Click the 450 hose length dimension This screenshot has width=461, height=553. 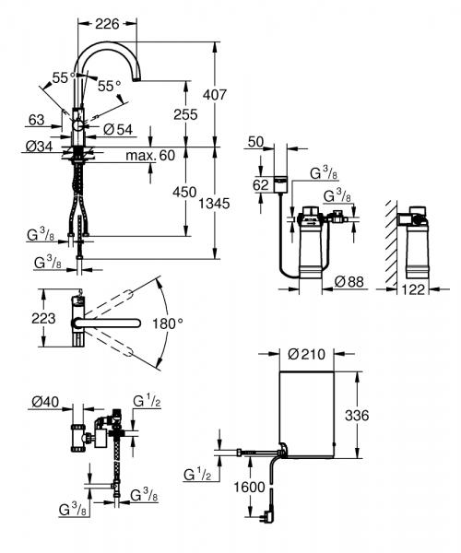tap(186, 192)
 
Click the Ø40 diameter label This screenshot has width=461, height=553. tap(44, 401)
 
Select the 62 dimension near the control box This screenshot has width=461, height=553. tap(260, 185)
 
